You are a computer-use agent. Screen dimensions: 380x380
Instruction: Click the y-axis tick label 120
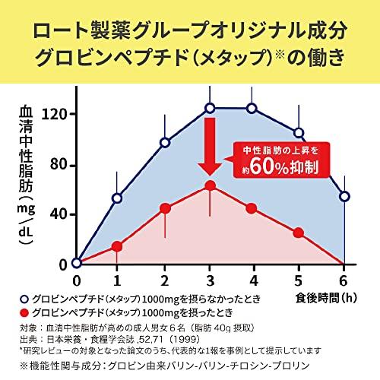pyautogui.click(x=55, y=114)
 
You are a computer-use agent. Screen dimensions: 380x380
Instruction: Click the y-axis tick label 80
pyautogui.click(x=59, y=164)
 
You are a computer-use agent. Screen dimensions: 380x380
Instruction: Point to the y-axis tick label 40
pyautogui.click(x=59, y=214)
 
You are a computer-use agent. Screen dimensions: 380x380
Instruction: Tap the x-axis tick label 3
pyautogui.click(x=210, y=280)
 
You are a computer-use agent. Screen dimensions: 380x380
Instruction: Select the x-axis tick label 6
pyautogui.click(x=344, y=280)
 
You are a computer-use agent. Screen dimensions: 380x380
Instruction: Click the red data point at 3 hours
pyautogui.click(x=210, y=185)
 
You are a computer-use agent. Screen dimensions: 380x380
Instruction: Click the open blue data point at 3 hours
pyautogui.click(x=210, y=109)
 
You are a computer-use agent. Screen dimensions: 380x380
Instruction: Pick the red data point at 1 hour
pyautogui.click(x=117, y=246)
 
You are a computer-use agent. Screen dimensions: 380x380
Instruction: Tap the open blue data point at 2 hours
pyautogui.click(x=165, y=143)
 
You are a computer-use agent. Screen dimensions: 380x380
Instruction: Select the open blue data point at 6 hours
pyautogui.click(x=344, y=197)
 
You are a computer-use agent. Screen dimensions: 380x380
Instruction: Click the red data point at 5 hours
pyautogui.click(x=299, y=233)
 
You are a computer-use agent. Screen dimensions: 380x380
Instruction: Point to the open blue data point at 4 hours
pyautogui.click(x=252, y=109)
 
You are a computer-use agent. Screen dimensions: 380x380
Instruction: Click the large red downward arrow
pyautogui.click(x=210, y=147)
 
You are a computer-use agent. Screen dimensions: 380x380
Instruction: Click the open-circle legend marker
pyautogui.click(x=24, y=299)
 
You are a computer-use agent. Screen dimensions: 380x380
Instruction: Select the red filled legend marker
pyautogui.click(x=24, y=312)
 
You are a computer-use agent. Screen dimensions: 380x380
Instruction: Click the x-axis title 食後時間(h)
pyautogui.click(x=326, y=298)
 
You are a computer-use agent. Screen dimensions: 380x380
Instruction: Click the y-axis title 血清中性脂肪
pyautogui.click(x=26, y=150)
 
